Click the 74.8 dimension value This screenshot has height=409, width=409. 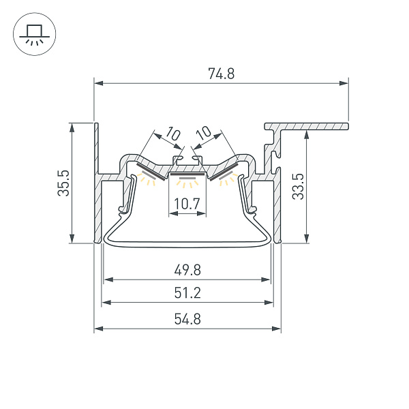coord(221,74)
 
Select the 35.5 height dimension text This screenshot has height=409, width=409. coord(63,183)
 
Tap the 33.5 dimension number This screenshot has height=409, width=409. coord(298,187)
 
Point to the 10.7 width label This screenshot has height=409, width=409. coord(187,203)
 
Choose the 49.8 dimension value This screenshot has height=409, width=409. coord(187,270)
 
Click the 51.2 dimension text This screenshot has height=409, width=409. coord(187,292)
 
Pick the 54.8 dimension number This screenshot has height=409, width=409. coord(187,319)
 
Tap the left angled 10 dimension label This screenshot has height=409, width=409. coord(173,134)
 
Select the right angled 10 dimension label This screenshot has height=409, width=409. coord(203,133)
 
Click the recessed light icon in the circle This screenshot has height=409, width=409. coord(35,34)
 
